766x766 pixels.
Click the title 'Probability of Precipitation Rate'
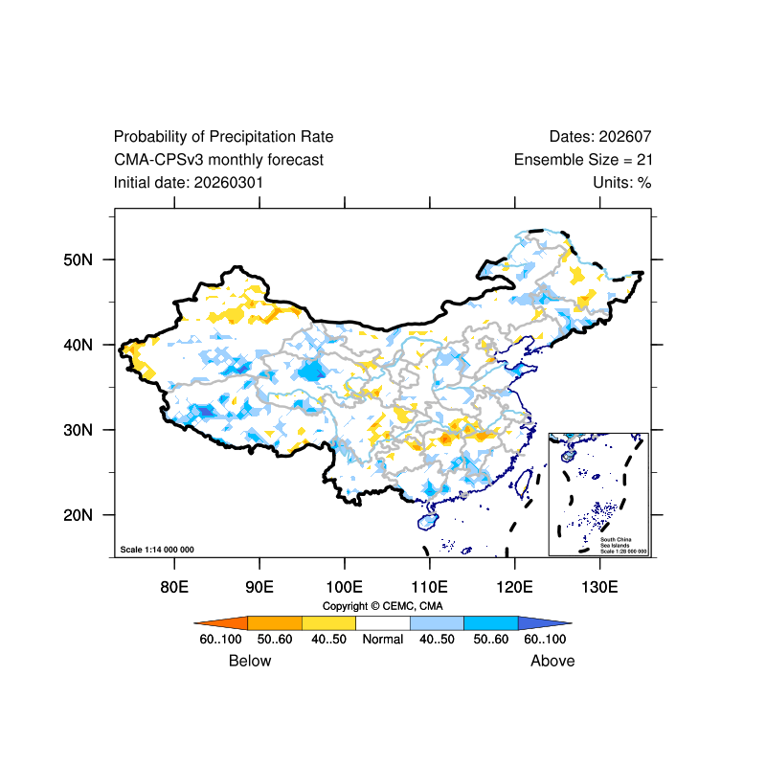[223, 137]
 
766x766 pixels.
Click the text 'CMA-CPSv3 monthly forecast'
[218, 160]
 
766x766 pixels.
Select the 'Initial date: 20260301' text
[189, 182]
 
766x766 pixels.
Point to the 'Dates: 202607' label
[600, 137]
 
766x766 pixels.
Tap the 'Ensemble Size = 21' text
[582, 160]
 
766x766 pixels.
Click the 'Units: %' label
[621, 182]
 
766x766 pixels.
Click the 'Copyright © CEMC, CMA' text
[382, 606]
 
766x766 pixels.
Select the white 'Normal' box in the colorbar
[382, 623]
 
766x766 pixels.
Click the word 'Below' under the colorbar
[250, 661]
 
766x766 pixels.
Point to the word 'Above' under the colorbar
[552, 661]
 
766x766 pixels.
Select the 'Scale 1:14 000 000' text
[157, 550]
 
